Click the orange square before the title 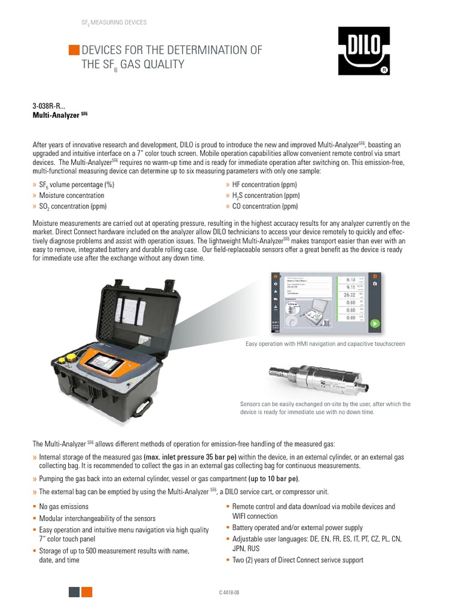click(x=74, y=50)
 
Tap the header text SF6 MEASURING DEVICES click(x=114, y=23)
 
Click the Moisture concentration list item click(x=71, y=195)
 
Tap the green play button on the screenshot click(x=374, y=324)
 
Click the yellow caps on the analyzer click(x=67, y=359)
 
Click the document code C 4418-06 click(x=229, y=592)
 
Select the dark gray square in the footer click(x=74, y=592)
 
